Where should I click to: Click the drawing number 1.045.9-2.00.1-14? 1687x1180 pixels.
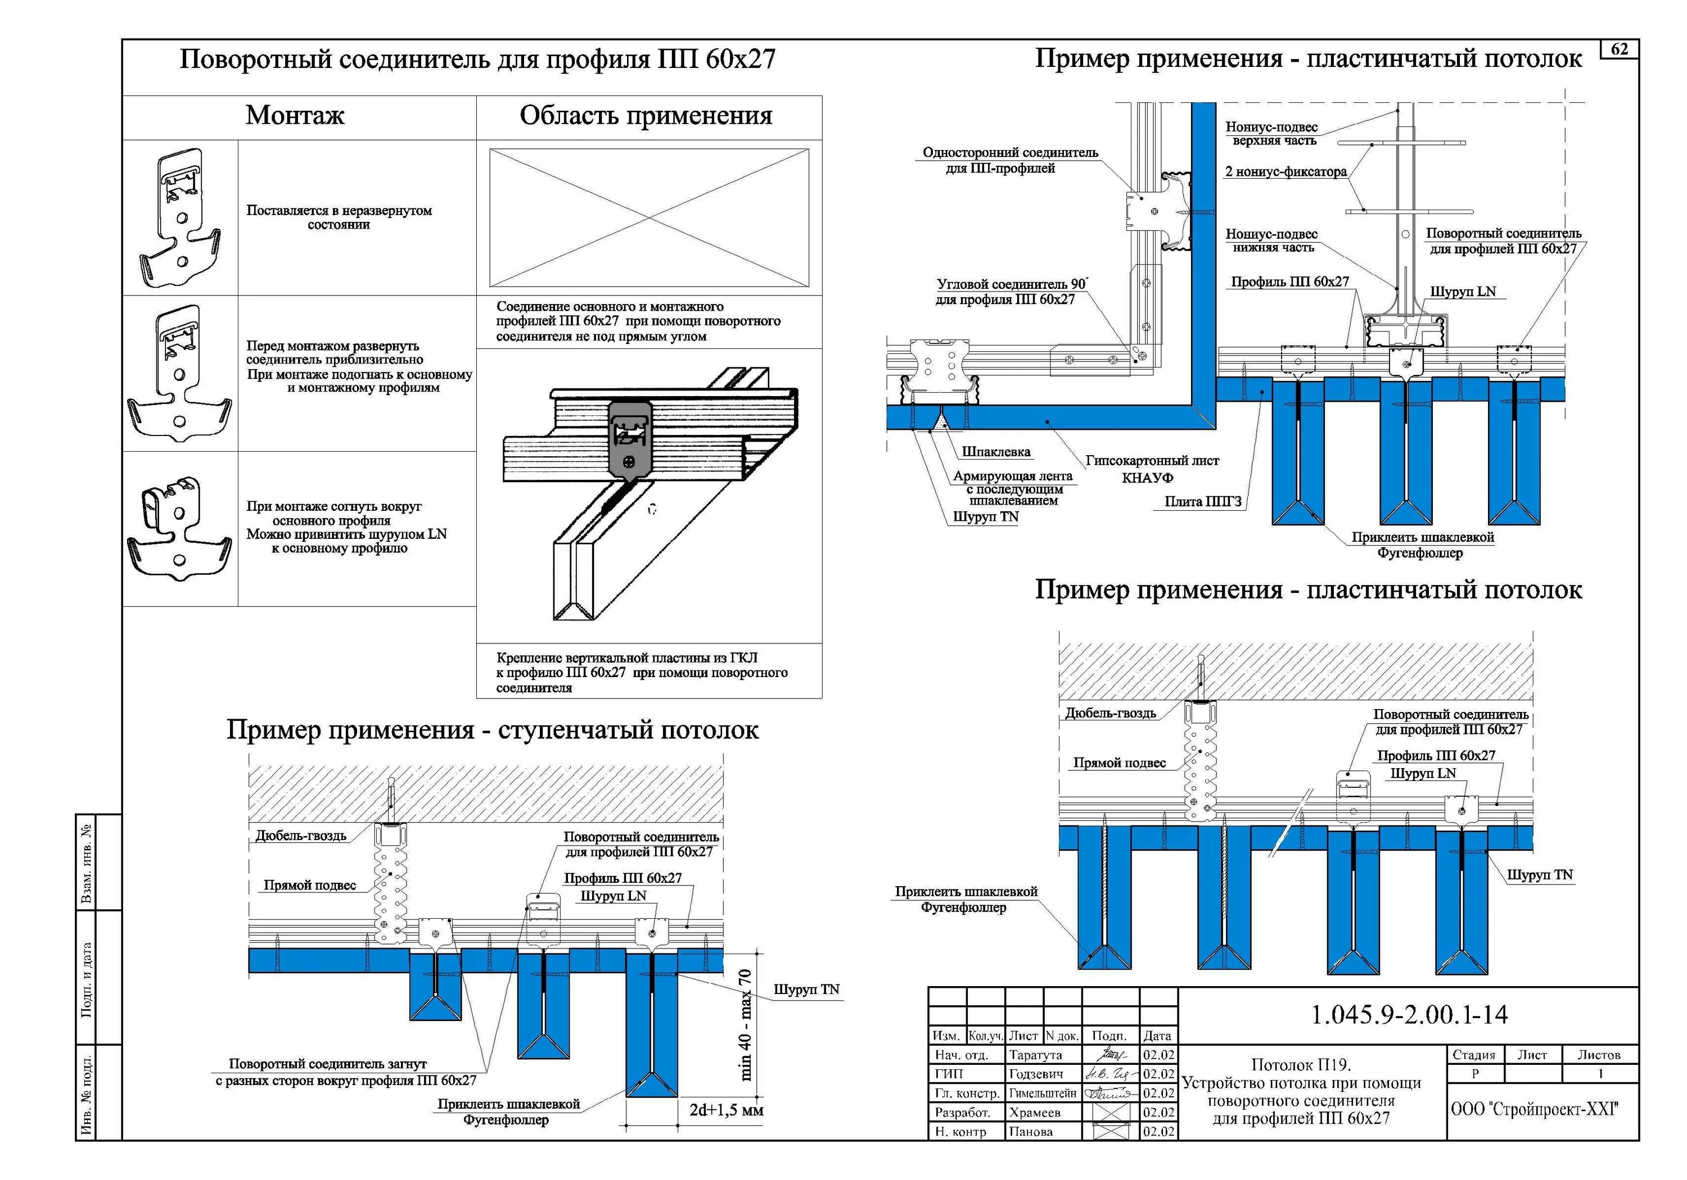point(1409,1015)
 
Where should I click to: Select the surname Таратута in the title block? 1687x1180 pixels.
point(1035,1055)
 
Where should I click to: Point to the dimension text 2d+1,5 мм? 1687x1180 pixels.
point(726,1110)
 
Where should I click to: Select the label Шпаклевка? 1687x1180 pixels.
point(995,452)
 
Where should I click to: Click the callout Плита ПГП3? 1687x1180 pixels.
point(1203,502)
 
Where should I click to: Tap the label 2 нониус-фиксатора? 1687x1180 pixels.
point(1286,172)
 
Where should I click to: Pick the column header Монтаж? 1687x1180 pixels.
point(295,115)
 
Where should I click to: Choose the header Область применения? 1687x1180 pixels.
point(646,115)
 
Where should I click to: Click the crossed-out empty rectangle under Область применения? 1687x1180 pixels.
point(649,217)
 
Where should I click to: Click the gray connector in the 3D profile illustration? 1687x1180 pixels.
point(629,438)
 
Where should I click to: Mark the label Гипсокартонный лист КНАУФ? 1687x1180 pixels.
point(1151,469)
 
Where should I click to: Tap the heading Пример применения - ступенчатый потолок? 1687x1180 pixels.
point(492,730)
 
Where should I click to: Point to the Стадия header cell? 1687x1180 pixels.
point(1474,1055)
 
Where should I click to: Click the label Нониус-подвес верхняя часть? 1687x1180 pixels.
point(1272,134)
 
